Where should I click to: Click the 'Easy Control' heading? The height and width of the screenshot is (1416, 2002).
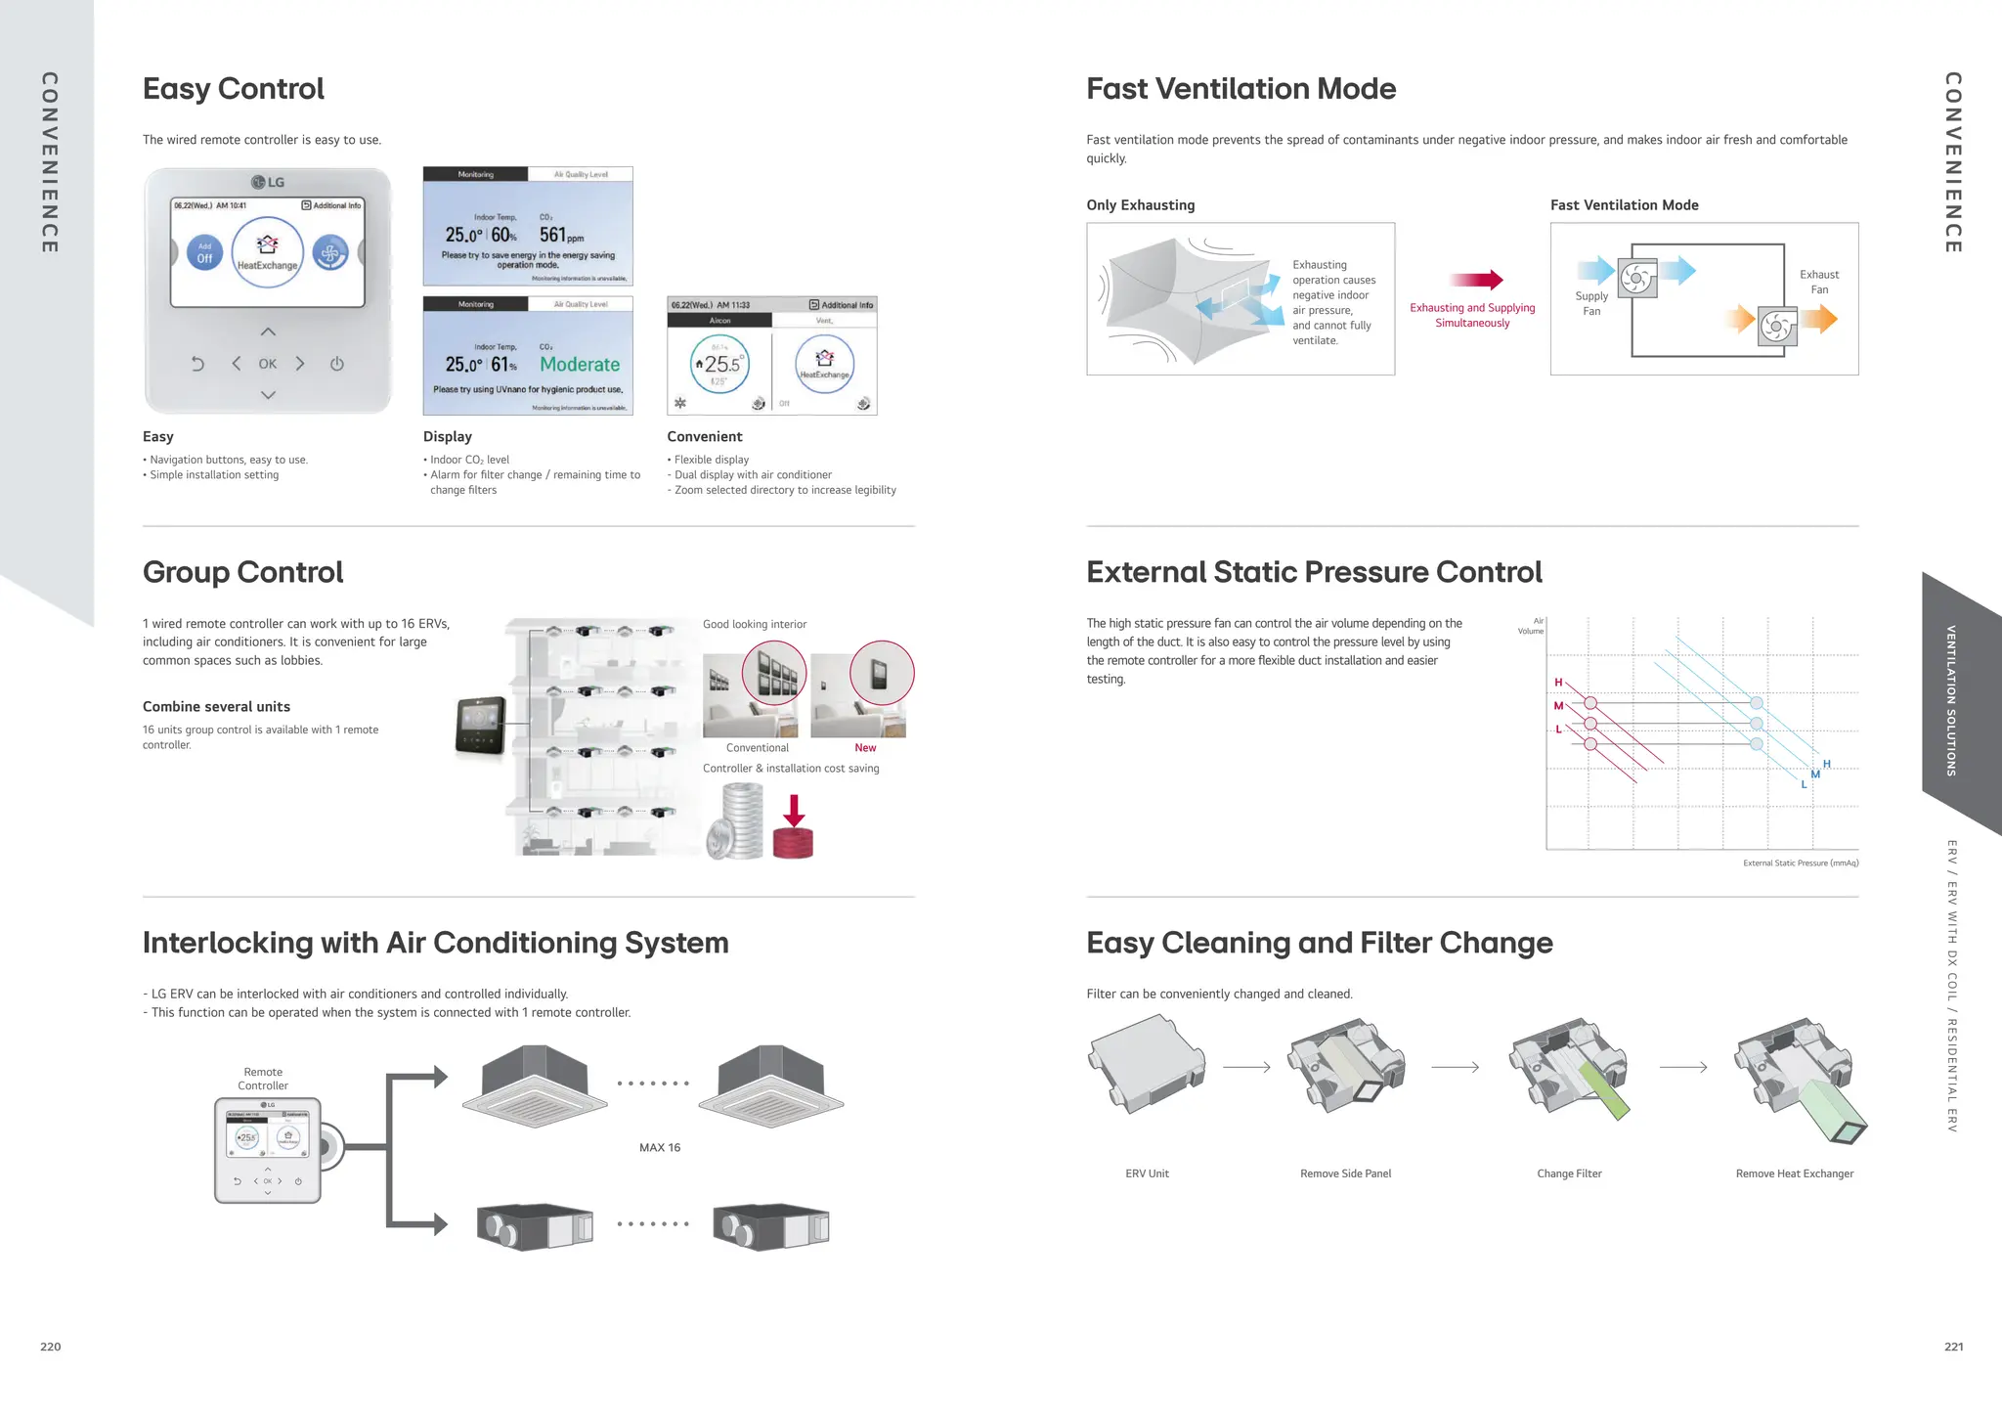pyautogui.click(x=233, y=89)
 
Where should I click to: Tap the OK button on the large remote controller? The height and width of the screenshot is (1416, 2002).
pyautogui.click(x=268, y=364)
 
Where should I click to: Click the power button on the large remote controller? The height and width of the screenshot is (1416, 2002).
pyautogui.click(x=337, y=364)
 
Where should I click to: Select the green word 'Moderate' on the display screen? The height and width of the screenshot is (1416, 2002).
pyautogui.click(x=580, y=365)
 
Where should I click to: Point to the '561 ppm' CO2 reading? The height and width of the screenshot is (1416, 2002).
pyautogui.click(x=561, y=235)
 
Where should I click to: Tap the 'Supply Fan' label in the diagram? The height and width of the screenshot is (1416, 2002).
pyautogui.click(x=1591, y=303)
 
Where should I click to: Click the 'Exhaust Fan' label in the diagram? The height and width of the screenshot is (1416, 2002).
pyautogui.click(x=1819, y=282)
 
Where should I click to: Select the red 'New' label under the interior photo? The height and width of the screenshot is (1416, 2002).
pyautogui.click(x=865, y=748)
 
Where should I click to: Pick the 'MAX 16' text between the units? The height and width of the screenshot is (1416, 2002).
pyautogui.click(x=660, y=1148)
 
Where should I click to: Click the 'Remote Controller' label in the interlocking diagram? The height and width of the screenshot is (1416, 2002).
pyautogui.click(x=263, y=1079)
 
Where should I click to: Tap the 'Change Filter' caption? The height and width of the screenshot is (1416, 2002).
pyautogui.click(x=1569, y=1173)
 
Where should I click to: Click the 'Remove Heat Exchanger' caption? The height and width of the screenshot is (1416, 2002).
pyautogui.click(x=1794, y=1173)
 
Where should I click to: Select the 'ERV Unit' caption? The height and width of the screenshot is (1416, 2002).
pyautogui.click(x=1147, y=1173)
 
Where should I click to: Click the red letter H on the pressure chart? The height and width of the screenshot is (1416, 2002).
pyautogui.click(x=1558, y=683)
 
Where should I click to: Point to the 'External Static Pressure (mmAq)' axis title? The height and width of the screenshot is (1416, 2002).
pyautogui.click(x=1801, y=863)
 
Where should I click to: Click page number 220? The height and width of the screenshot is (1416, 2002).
pyautogui.click(x=51, y=1347)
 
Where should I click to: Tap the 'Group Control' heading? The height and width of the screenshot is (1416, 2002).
pyautogui.click(x=242, y=572)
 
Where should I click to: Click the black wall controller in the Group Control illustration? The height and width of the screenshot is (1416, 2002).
pyautogui.click(x=481, y=727)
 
